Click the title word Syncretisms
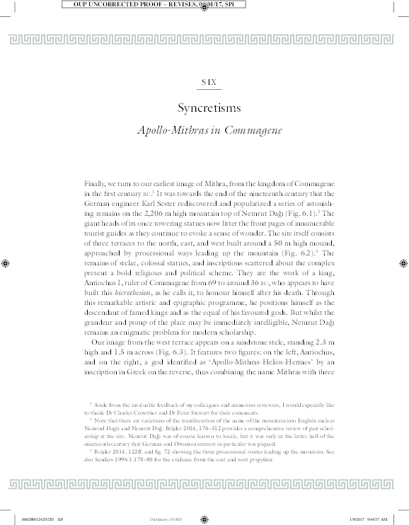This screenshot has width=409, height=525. tap(209, 108)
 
